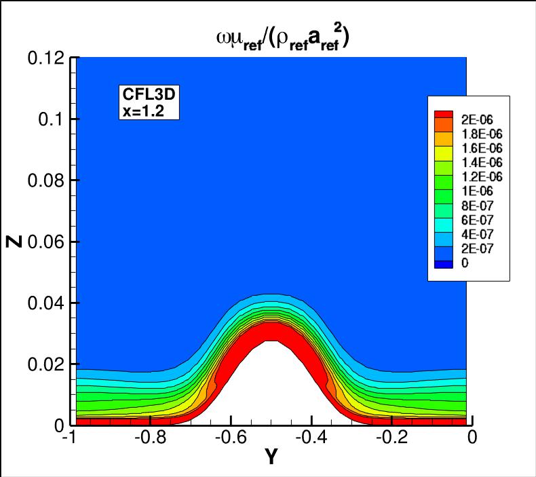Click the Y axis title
[x=271, y=457]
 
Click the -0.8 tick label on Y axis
[x=153, y=438]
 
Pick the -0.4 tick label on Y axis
[x=311, y=438]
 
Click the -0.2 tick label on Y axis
[x=389, y=438]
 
